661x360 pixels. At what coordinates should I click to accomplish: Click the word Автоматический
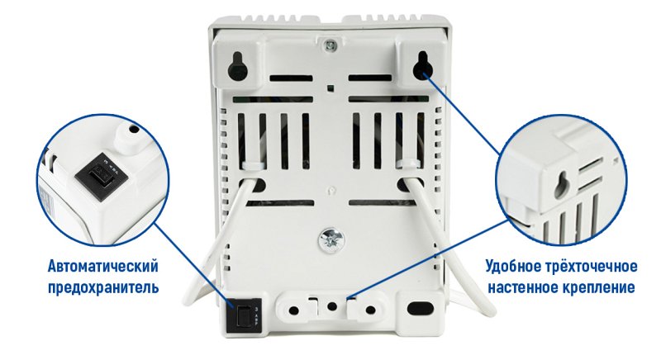tap(103, 267)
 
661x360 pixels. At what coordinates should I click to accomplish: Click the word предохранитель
tap(103, 287)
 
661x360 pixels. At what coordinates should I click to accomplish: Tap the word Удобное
tap(512, 267)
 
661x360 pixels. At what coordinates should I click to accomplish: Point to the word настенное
tap(523, 287)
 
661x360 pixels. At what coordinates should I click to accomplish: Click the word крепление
tap(598, 287)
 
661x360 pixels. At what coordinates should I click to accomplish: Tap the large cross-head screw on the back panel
tap(330, 239)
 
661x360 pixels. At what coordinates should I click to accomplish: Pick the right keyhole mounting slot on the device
tap(421, 66)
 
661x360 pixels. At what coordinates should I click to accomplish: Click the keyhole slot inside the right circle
tap(563, 185)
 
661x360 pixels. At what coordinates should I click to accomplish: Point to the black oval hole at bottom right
tap(419, 307)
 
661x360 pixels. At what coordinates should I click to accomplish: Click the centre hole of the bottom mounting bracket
tap(332, 306)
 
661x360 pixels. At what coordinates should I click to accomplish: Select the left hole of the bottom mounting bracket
tap(294, 310)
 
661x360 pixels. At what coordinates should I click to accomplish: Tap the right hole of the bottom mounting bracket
tap(370, 310)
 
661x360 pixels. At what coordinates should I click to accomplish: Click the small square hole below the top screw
tap(331, 88)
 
